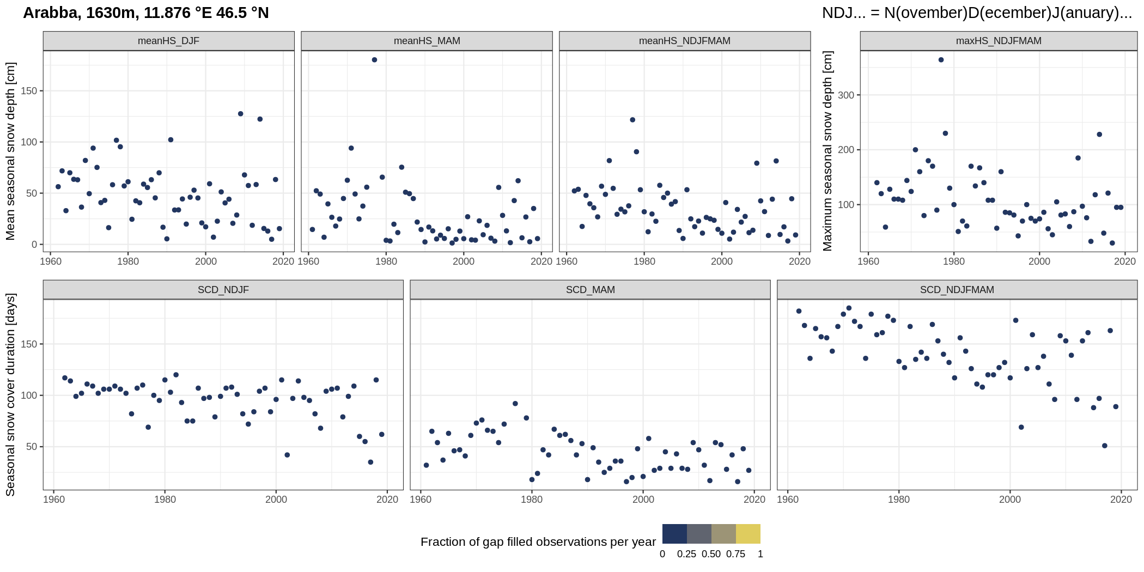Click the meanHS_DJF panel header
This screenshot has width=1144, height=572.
[x=168, y=41]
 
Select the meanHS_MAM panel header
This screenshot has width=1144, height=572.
[x=427, y=41]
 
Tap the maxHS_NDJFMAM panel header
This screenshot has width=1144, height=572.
[x=998, y=41]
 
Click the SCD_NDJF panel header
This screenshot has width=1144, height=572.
[x=223, y=290]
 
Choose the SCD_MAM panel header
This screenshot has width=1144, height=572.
[x=590, y=290]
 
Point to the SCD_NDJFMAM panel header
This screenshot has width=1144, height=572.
[x=957, y=290]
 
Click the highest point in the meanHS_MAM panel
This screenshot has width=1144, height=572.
[x=374, y=60]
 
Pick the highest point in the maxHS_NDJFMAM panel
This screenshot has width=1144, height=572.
[x=941, y=60]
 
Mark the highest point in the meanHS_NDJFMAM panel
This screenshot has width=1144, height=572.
[x=632, y=120]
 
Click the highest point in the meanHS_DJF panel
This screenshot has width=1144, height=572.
[x=240, y=114]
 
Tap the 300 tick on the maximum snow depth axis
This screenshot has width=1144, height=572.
[x=846, y=95]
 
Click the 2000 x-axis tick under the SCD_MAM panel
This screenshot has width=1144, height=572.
[x=643, y=500]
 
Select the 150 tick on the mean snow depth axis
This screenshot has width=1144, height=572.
[x=29, y=91]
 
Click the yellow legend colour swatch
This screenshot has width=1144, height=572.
[x=748, y=534]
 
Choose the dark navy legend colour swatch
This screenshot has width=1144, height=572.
[x=674, y=534]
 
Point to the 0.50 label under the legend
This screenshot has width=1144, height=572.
[x=711, y=554]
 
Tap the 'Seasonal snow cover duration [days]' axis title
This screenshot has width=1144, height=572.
[x=11, y=394]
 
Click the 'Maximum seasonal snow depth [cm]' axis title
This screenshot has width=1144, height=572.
[x=828, y=151]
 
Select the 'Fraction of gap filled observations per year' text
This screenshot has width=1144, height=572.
[x=538, y=542]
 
